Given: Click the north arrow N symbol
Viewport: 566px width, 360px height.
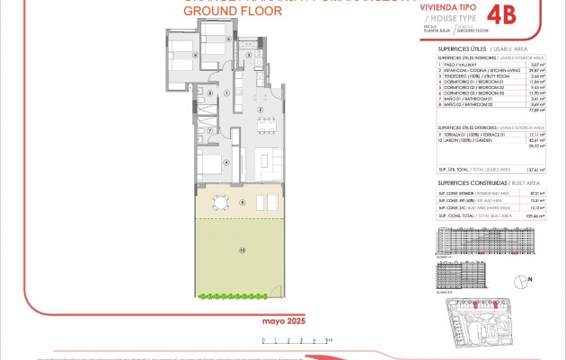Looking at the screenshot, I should pyautogui.click(x=530, y=279).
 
